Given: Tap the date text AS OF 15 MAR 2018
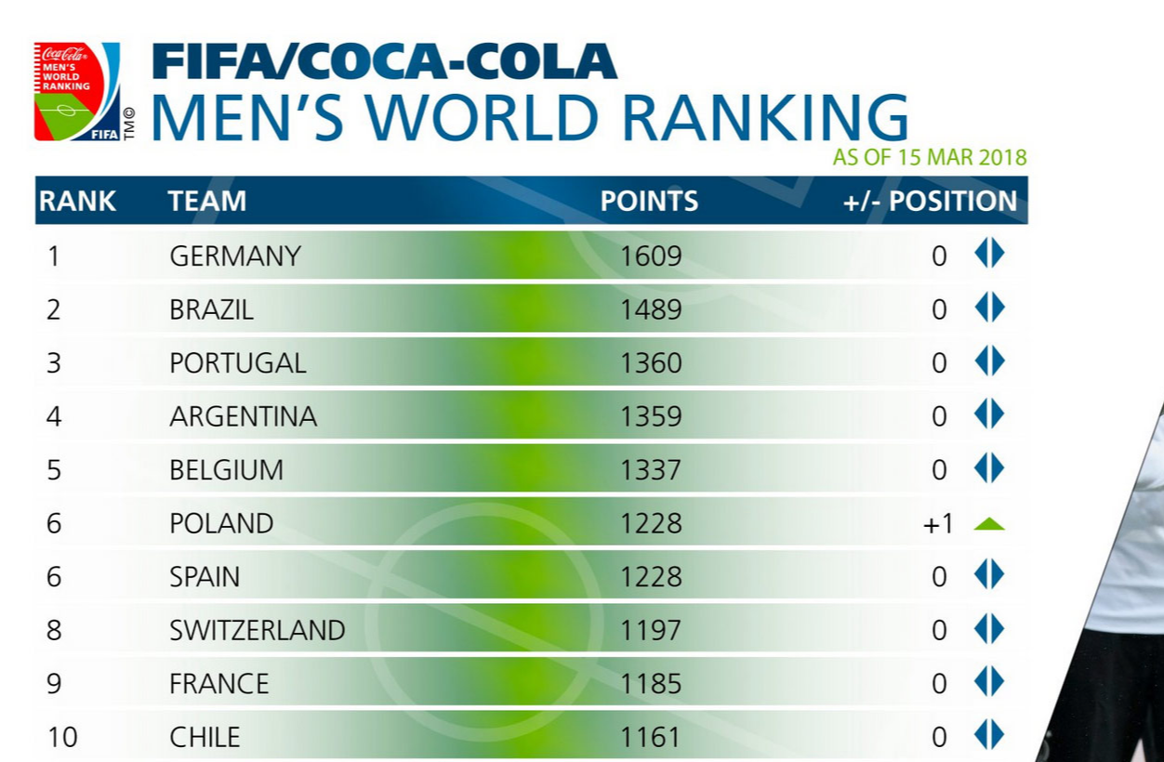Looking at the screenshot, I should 930,157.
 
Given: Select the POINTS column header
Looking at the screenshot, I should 649,201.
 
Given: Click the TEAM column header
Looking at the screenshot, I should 207,201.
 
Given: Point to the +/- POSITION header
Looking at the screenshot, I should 930,201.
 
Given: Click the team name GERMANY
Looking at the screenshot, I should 235,256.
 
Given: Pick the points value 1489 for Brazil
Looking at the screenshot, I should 651,309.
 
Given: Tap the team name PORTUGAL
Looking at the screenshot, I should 238,363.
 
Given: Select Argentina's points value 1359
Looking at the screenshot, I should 651,416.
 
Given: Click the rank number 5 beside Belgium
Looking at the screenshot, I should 54,470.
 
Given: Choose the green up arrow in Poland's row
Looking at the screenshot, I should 989,524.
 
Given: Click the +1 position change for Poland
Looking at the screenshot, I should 938,524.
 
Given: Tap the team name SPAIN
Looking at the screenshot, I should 205,577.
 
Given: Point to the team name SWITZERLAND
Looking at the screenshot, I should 258,631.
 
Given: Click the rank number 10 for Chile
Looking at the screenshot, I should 62,738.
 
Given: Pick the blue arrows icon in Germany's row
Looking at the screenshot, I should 989,253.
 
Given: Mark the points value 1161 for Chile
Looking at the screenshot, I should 651,738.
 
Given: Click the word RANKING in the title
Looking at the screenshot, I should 764,118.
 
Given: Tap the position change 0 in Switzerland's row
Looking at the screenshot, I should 939,631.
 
